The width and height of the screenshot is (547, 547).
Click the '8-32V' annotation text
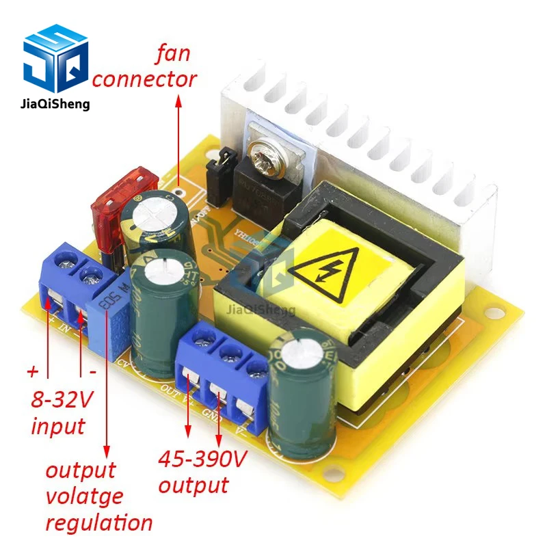[x=62, y=399]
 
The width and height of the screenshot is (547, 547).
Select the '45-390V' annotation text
[x=202, y=459]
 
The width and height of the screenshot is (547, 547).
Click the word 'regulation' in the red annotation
[x=99, y=523]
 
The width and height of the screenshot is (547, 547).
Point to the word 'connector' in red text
[x=144, y=79]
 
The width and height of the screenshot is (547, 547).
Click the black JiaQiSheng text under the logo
[x=56, y=105]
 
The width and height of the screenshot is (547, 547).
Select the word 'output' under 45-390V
[x=194, y=485]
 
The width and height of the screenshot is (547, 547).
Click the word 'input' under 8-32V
[x=59, y=427]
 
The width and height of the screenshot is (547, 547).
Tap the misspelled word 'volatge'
[x=84, y=496]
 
